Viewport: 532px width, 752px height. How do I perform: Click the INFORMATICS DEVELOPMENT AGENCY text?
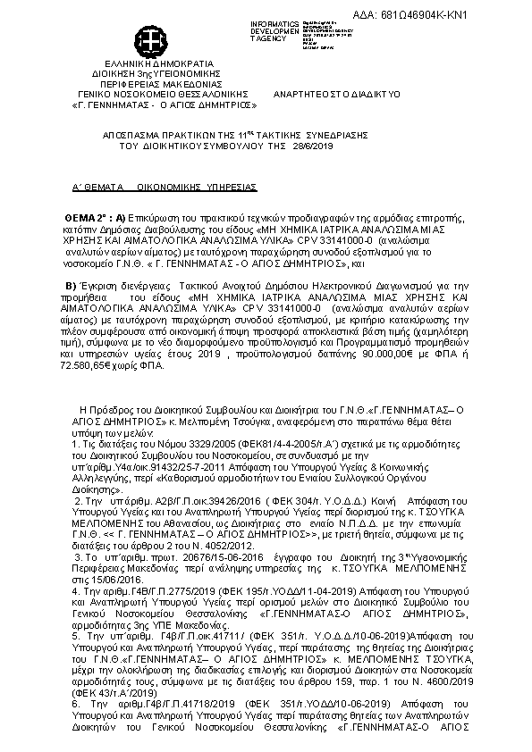click(273, 29)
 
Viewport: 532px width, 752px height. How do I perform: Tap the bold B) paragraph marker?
click(74, 285)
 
